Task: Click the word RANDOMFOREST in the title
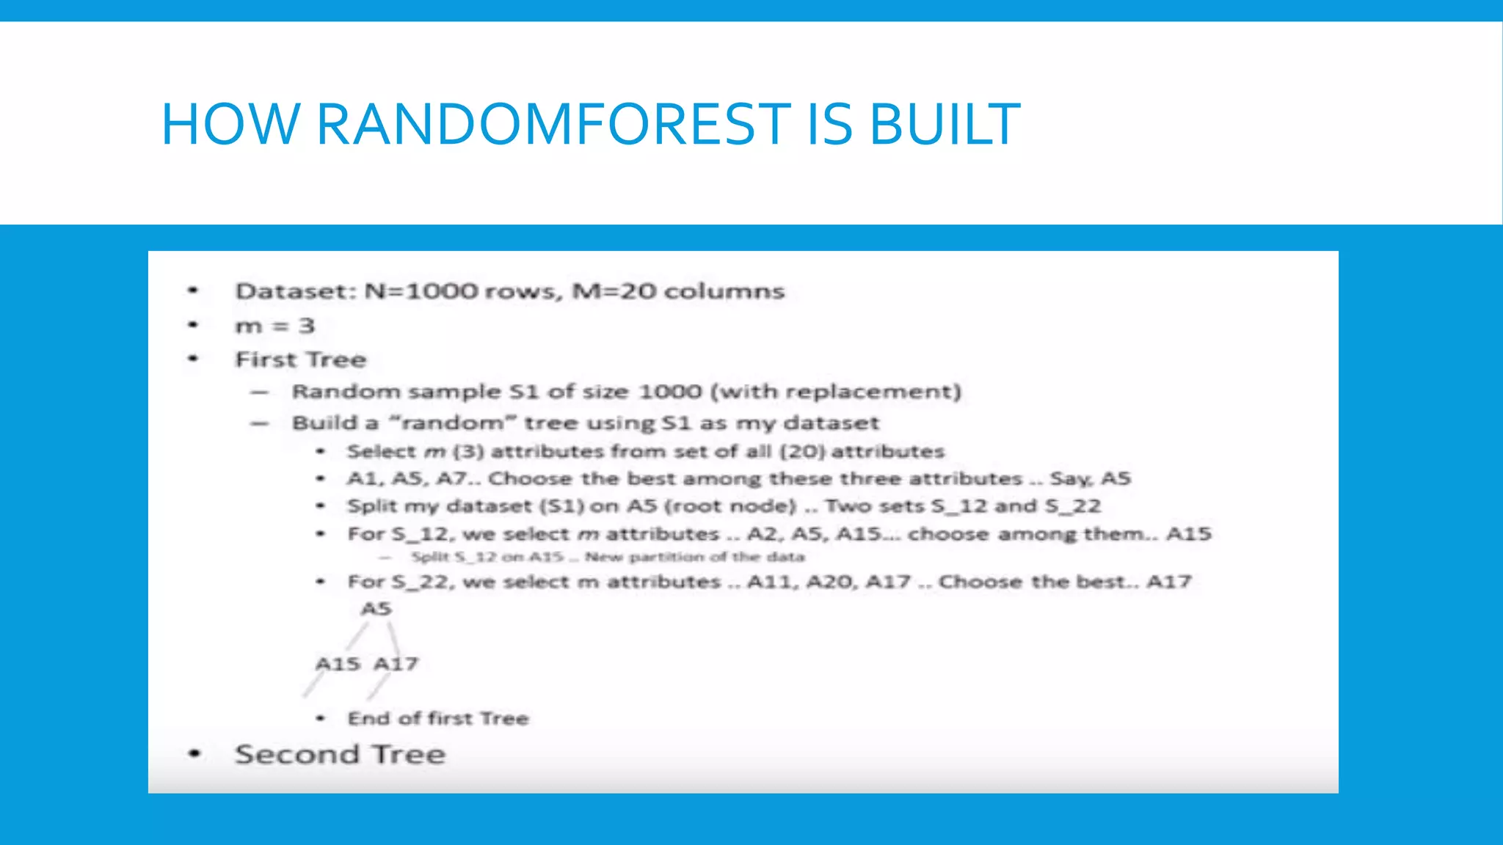[553, 124]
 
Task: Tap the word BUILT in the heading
[945, 124]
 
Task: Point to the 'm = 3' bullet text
[274, 326]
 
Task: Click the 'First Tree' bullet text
[300, 359]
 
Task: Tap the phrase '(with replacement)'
[836, 392]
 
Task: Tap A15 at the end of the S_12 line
[1189, 534]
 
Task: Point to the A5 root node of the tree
[376, 609]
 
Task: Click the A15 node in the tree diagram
[338, 664]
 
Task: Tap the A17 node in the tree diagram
[396, 664]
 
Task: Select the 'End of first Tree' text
[437, 719]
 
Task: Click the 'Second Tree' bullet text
[340, 754]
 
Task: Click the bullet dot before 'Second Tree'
[194, 753]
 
